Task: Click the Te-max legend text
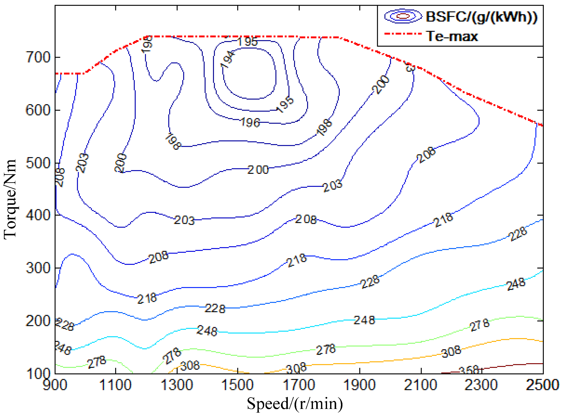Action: click(452, 36)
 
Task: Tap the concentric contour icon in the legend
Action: click(403, 16)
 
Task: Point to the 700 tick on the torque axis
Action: click(38, 57)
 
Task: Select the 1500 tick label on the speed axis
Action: click(237, 385)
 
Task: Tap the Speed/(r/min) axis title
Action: click(295, 404)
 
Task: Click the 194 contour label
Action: click(227, 59)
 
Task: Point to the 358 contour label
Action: click(469, 370)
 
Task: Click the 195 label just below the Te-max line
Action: click(248, 41)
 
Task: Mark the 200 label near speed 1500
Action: click(258, 170)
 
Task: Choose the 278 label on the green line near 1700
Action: click(326, 350)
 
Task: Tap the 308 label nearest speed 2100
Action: click(451, 352)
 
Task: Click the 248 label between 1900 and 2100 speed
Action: click(364, 320)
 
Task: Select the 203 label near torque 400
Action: click(184, 220)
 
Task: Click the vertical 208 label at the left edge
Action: click(60, 177)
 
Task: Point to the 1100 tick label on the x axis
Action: click(115, 385)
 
